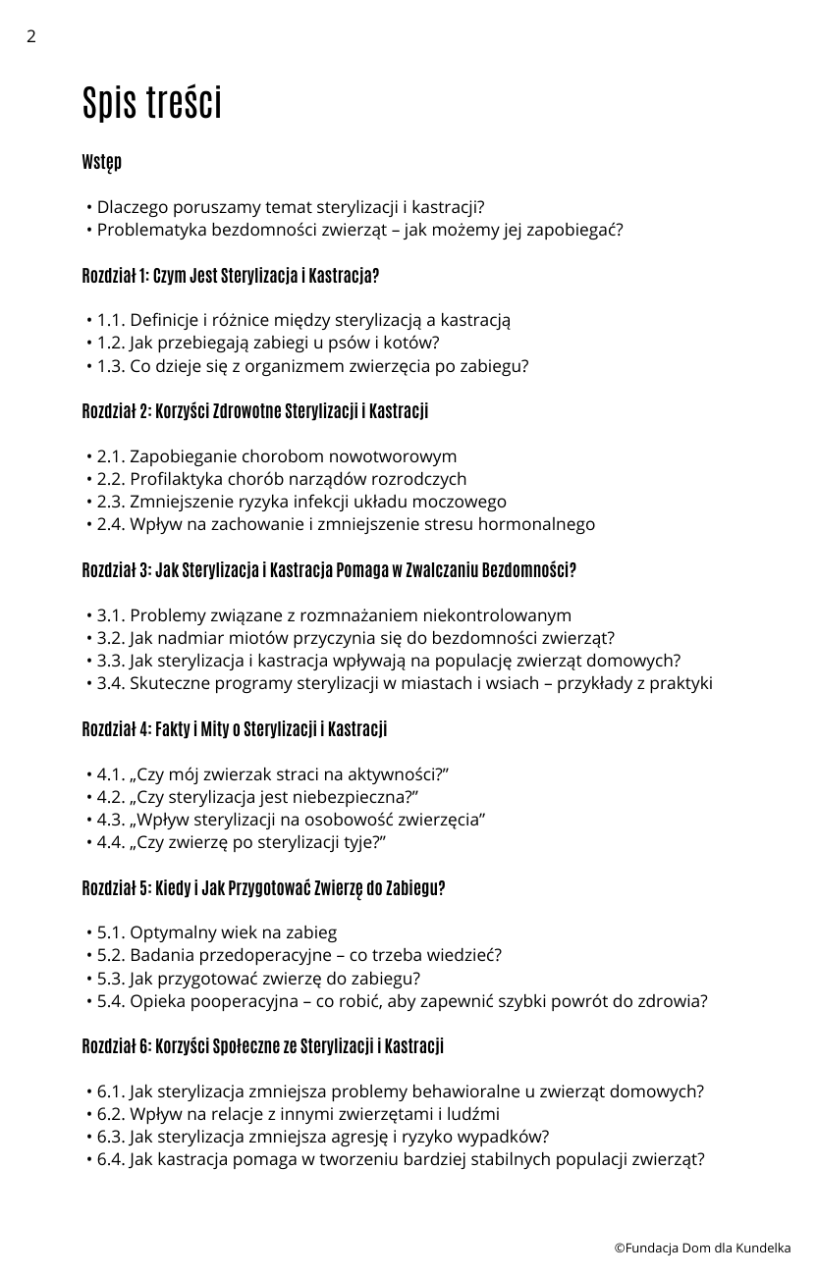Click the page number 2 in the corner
tap(31, 37)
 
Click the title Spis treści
tap(152, 103)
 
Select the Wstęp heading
tap(102, 163)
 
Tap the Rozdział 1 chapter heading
tap(231, 277)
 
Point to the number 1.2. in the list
tap(111, 344)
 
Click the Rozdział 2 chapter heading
tap(255, 412)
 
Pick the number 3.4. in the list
tap(111, 684)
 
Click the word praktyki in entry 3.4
tap(681, 684)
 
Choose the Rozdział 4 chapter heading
tap(235, 730)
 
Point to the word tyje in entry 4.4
tap(358, 843)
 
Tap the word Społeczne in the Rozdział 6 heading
tap(246, 1047)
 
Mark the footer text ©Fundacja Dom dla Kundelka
tap(702, 1249)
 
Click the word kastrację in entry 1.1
tap(476, 321)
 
